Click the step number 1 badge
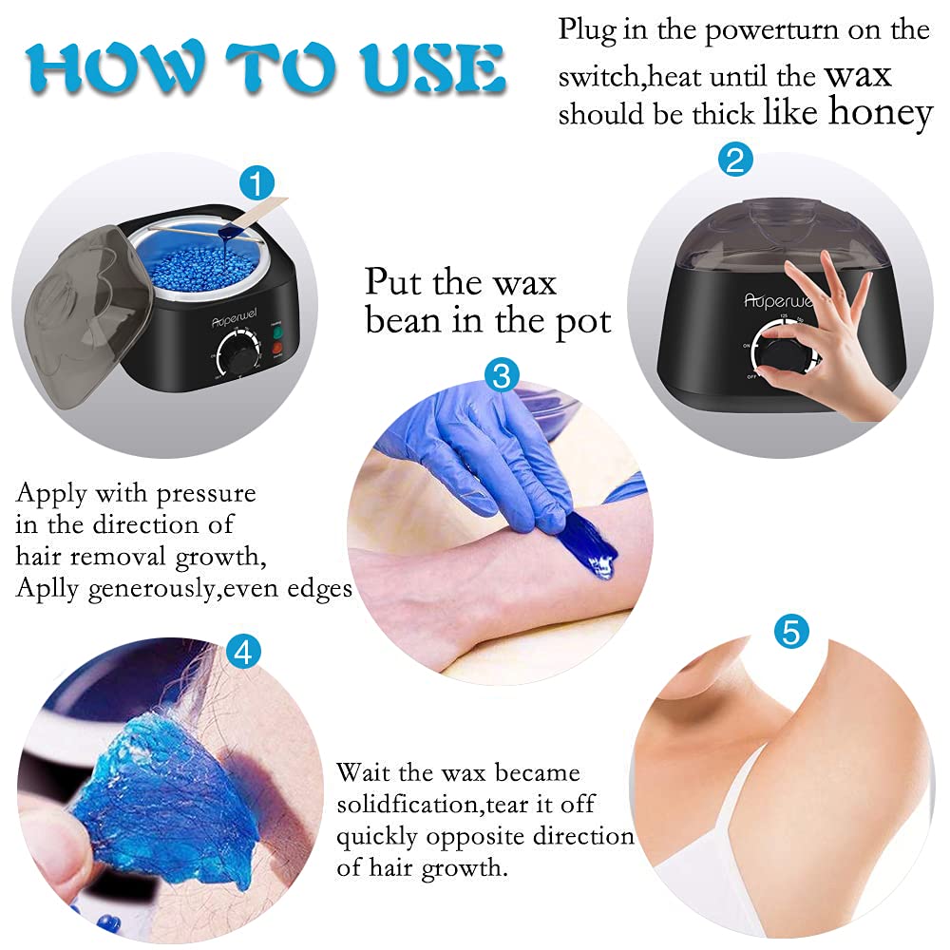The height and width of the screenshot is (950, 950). [x=256, y=183]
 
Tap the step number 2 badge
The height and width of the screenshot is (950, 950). [x=735, y=160]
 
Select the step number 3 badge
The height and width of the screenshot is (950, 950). [x=502, y=374]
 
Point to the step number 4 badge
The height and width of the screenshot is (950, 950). [x=243, y=653]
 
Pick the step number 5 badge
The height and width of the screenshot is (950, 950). [x=791, y=631]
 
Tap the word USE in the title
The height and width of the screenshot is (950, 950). [x=432, y=68]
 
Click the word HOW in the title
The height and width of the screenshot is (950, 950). [x=116, y=68]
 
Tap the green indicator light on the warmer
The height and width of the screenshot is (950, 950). [x=277, y=332]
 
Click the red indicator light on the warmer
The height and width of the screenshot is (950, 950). [x=276, y=349]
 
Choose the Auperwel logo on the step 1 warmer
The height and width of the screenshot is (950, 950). [x=234, y=317]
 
